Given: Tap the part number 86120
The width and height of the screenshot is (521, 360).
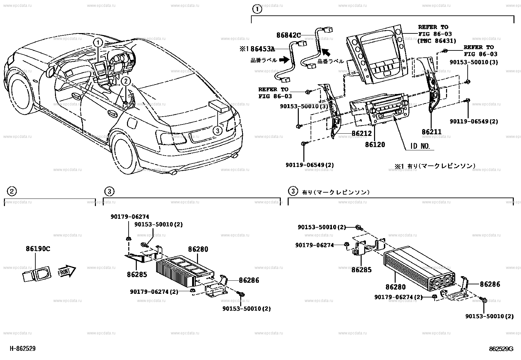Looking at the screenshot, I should [x=375, y=144].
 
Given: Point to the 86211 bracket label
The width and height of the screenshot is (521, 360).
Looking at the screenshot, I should [x=431, y=132].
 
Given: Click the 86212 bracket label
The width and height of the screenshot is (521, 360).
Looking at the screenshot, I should [x=362, y=134].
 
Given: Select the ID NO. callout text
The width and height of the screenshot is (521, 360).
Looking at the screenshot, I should [x=420, y=146].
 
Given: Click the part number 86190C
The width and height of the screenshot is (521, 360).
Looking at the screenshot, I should [x=38, y=249].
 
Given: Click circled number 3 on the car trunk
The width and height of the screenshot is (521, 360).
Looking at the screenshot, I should [x=217, y=131].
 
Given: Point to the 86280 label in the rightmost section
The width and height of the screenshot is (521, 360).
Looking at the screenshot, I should [x=395, y=287].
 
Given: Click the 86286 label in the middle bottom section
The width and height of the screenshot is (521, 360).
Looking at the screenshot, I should [x=249, y=280].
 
